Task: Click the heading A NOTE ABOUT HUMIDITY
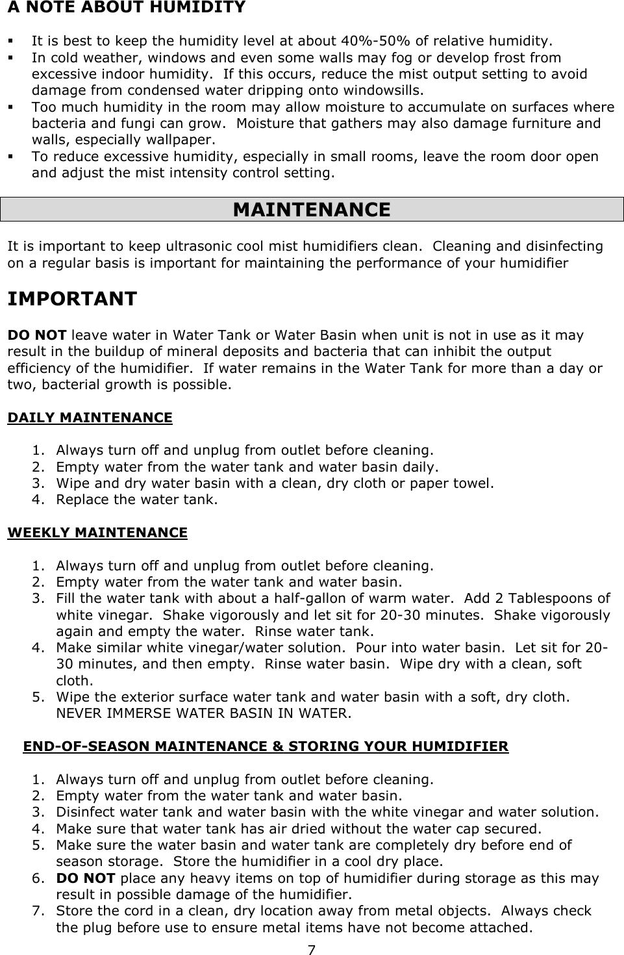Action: (126, 8)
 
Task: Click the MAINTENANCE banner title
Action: (312, 210)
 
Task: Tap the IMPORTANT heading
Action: (71, 299)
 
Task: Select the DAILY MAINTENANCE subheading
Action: (90, 417)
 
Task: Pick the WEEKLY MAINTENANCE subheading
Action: (97, 533)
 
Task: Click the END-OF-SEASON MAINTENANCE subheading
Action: (266, 746)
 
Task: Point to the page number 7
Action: (312, 950)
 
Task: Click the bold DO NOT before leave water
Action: (36, 335)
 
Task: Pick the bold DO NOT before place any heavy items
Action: (86, 878)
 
